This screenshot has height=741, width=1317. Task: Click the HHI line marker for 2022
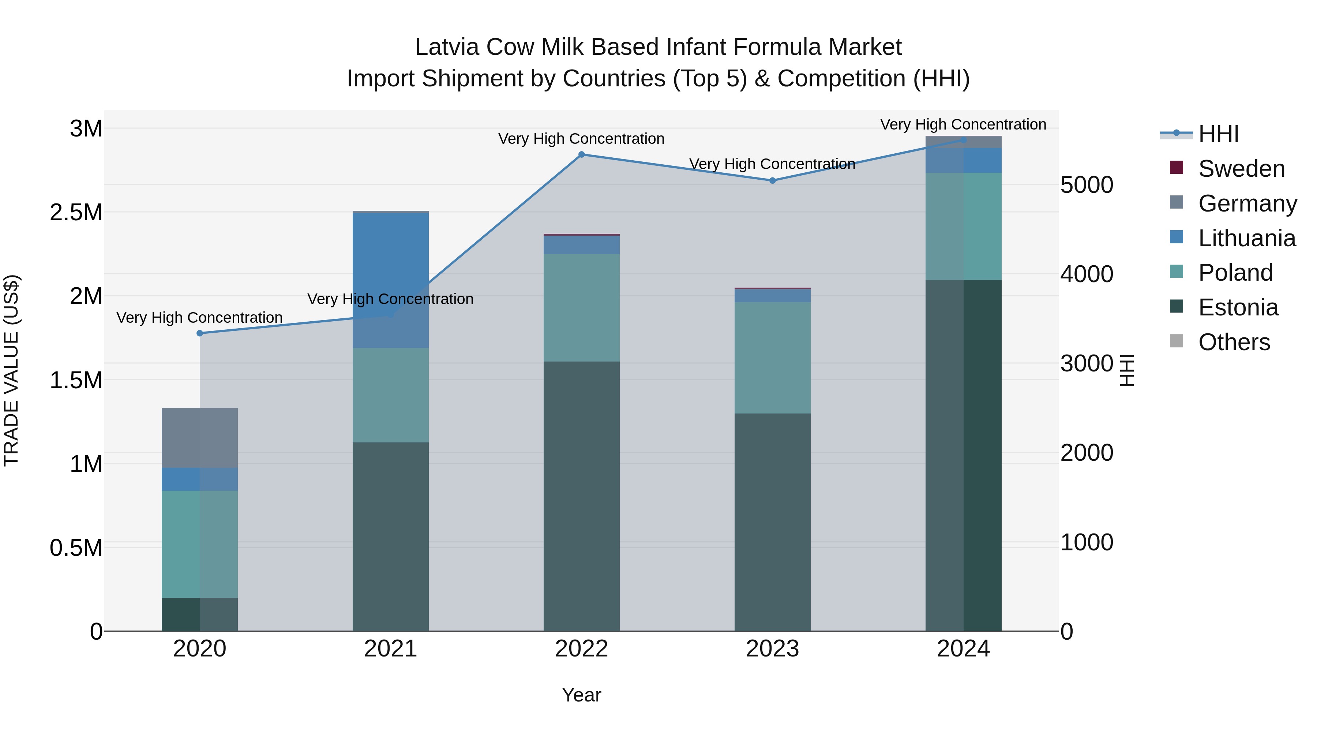point(581,154)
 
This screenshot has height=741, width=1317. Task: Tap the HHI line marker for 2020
point(200,333)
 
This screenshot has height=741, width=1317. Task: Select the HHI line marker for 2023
point(773,180)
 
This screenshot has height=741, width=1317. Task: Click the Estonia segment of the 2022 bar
point(581,496)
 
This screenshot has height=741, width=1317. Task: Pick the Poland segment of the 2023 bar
point(773,358)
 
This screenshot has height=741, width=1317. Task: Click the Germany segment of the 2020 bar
point(200,438)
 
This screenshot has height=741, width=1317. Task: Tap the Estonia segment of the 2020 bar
point(200,614)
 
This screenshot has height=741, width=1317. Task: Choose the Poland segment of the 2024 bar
point(963,226)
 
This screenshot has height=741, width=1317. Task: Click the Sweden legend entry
point(1241,169)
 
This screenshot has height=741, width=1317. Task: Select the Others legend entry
point(1234,342)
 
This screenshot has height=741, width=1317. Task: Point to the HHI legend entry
point(1218,134)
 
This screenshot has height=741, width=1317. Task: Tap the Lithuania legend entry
point(1246,238)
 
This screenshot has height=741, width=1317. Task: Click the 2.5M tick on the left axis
point(76,212)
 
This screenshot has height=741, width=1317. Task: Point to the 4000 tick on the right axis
point(1087,274)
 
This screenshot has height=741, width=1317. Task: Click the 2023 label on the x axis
point(773,649)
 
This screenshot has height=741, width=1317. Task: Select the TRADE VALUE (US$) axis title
point(11,370)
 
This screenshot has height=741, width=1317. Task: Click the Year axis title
point(581,695)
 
